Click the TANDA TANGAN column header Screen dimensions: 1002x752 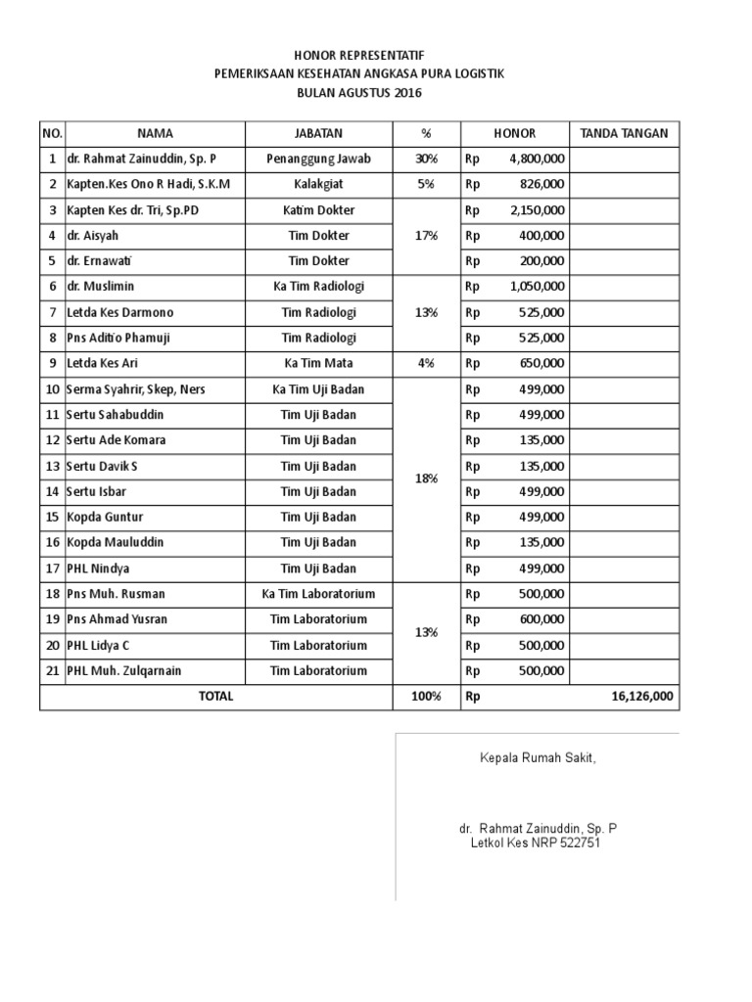[x=624, y=133]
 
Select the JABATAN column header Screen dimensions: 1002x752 [x=318, y=133]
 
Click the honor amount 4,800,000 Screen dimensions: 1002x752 [x=537, y=159]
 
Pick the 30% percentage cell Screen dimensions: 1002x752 [x=426, y=159]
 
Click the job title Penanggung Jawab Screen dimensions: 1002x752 [x=318, y=159]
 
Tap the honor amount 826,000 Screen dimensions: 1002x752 [x=541, y=184]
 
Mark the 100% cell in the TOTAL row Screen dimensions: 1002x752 [x=426, y=697]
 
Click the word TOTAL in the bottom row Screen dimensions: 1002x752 [x=215, y=697]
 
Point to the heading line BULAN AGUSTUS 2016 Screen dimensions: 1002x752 [x=362, y=93]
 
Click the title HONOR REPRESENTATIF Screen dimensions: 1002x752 [x=361, y=56]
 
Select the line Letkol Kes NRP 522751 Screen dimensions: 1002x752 [x=536, y=842]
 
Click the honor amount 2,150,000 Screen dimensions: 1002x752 [x=537, y=210]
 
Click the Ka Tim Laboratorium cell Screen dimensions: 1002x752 [x=318, y=594]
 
